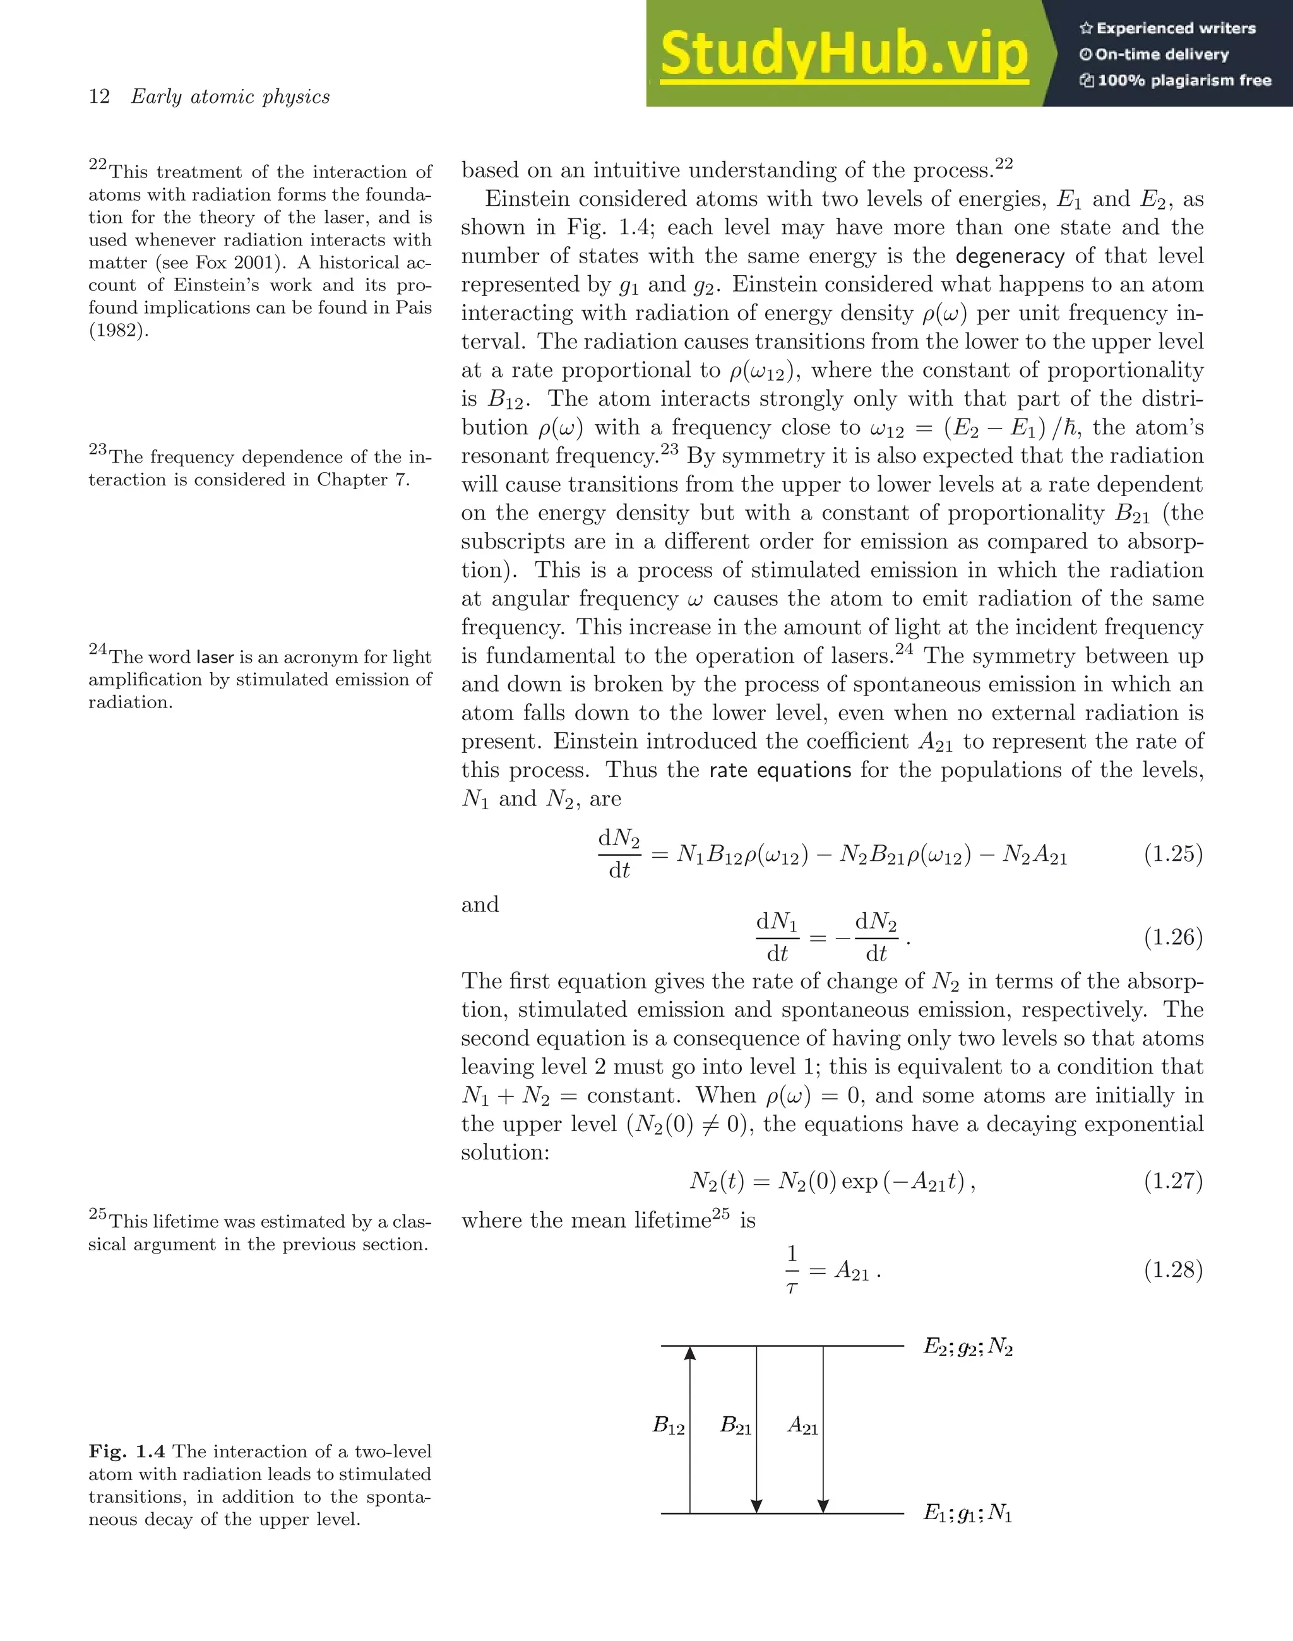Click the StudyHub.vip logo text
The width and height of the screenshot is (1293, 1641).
843,54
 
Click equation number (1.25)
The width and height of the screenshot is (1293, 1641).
1172,855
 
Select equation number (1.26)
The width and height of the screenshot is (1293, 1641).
1172,938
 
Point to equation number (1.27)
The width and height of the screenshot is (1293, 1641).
1172,1181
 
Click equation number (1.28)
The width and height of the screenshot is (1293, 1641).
1172,1269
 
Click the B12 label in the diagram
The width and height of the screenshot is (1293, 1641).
669,1426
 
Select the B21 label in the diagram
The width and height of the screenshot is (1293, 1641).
735,1426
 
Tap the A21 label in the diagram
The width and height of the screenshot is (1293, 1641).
802,1426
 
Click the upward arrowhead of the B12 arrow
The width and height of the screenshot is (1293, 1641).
689,1353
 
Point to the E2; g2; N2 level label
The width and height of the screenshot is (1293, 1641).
967,1348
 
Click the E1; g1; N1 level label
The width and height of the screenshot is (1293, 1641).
967,1513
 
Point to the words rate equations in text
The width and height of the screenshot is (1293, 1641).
780,771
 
